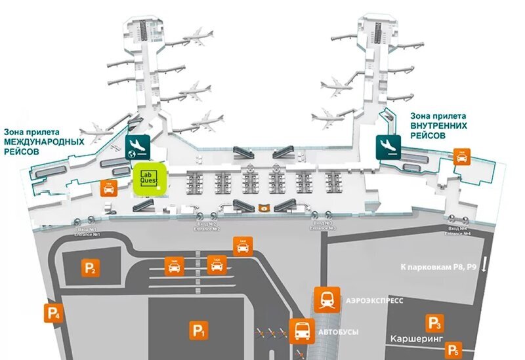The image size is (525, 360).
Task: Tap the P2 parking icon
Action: (x=91, y=268)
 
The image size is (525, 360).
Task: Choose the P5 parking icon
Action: (x=453, y=350)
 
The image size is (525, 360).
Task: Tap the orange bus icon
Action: (x=302, y=331)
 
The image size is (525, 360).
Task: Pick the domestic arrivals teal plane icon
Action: (x=387, y=146)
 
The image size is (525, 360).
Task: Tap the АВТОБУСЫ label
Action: (x=338, y=332)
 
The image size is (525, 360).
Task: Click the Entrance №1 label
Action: (x=88, y=231)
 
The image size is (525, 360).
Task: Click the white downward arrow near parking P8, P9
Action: (x=484, y=265)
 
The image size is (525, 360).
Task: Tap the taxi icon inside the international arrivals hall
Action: (x=109, y=188)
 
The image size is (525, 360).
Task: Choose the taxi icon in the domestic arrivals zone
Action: (x=463, y=156)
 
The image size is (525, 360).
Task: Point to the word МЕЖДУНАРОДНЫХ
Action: (x=44, y=141)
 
